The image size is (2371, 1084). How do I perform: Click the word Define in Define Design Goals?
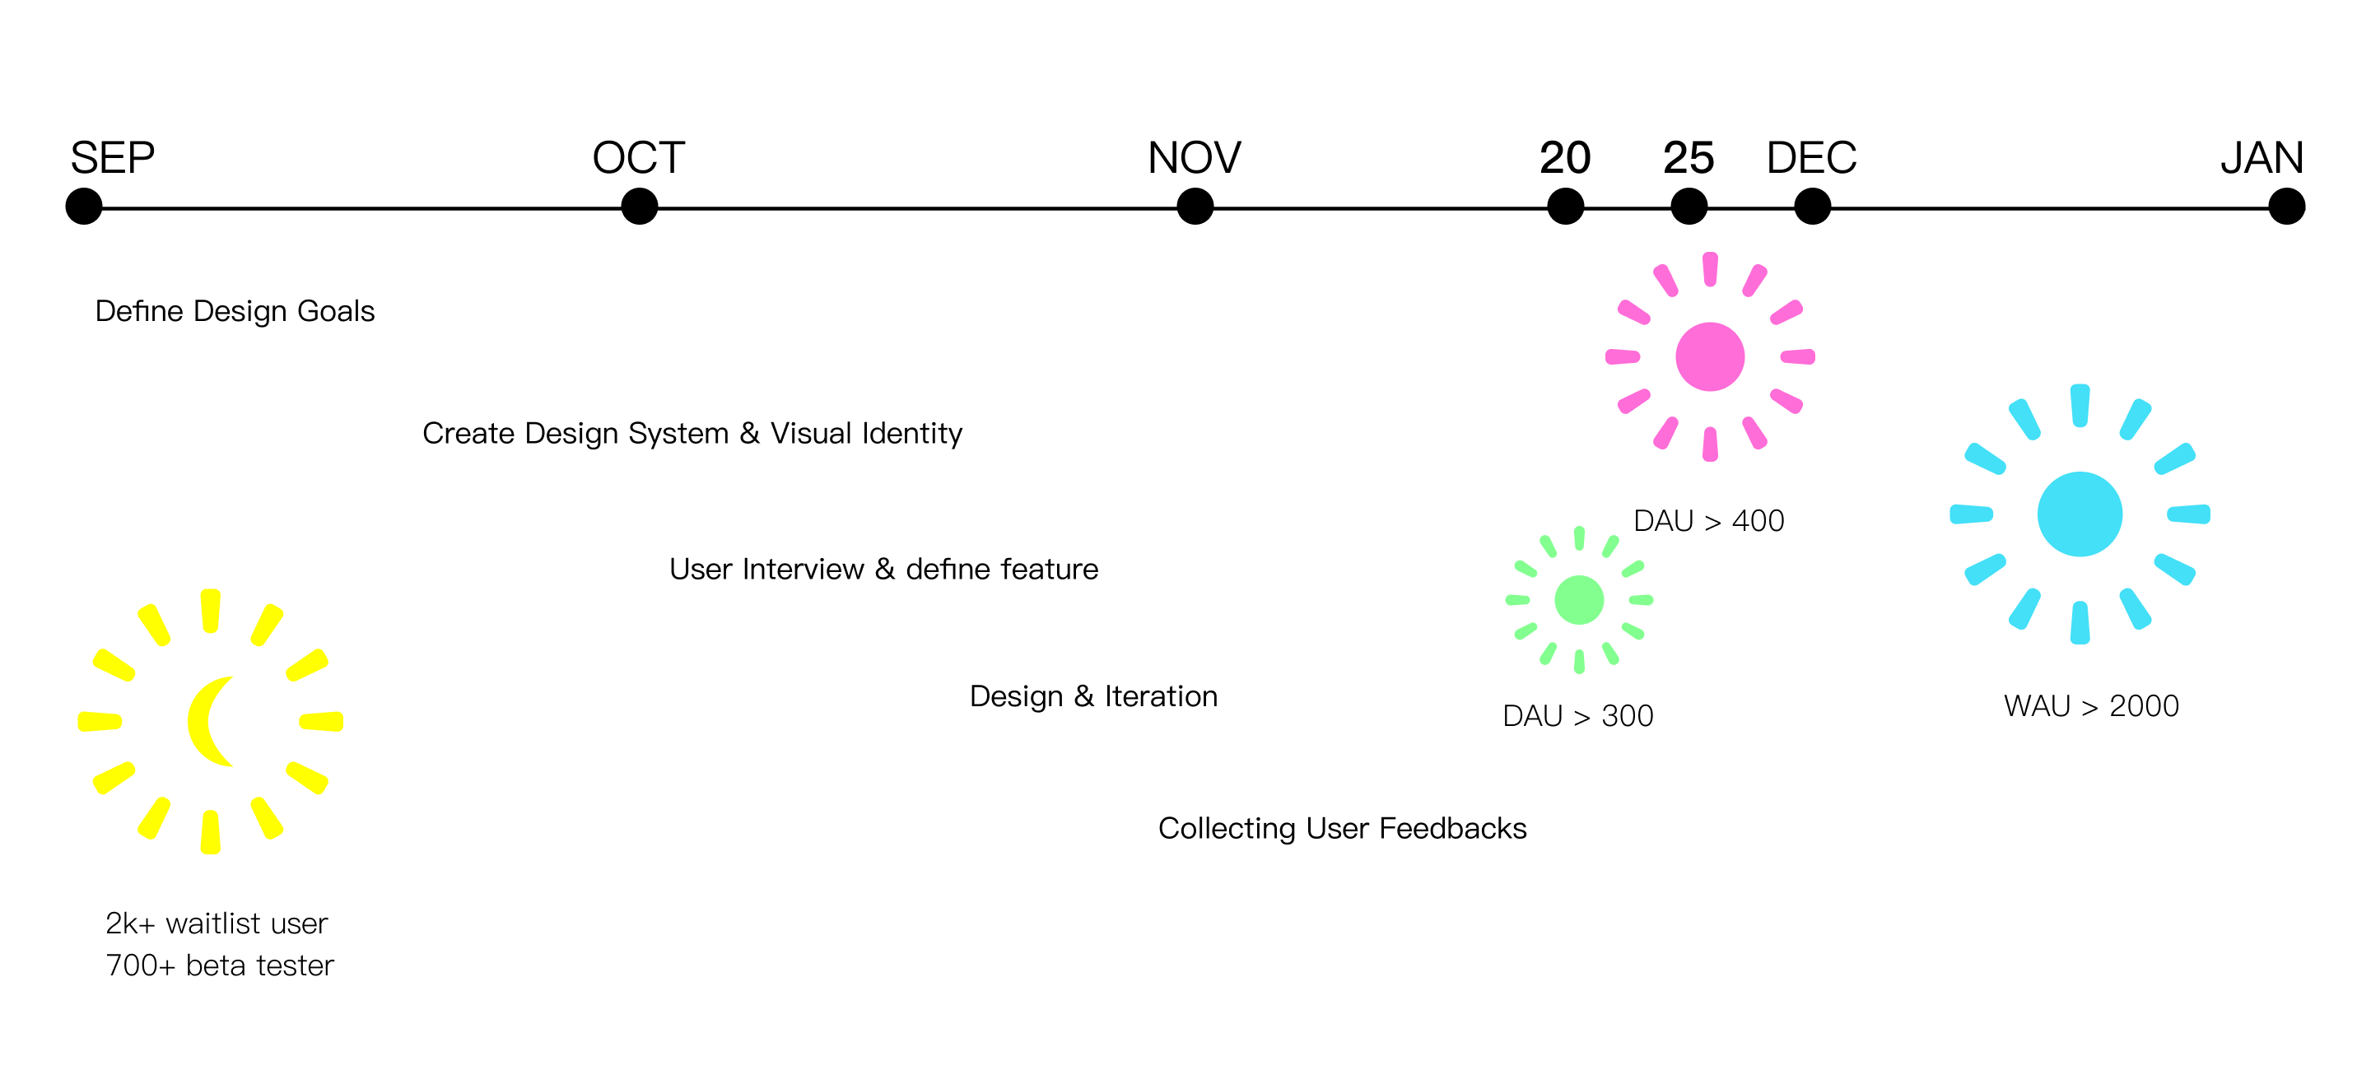point(139,311)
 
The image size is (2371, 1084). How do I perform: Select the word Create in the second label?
point(468,434)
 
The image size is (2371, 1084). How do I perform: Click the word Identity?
point(912,434)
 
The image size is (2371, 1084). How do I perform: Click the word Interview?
point(803,570)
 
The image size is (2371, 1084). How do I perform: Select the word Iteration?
point(1161,696)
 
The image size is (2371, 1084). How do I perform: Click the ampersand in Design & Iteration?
point(1084,696)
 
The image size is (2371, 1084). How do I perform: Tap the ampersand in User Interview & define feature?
point(886,570)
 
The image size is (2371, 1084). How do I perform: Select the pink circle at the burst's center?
point(1709,357)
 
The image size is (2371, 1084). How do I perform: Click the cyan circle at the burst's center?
point(2080,514)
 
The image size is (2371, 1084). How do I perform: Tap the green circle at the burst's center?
point(1578,600)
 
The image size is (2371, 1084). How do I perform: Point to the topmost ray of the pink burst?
point(1709,268)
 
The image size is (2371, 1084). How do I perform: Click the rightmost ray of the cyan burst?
point(2188,514)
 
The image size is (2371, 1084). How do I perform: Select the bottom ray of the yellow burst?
point(211,832)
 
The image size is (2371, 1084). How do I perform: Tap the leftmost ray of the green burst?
point(1516,600)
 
